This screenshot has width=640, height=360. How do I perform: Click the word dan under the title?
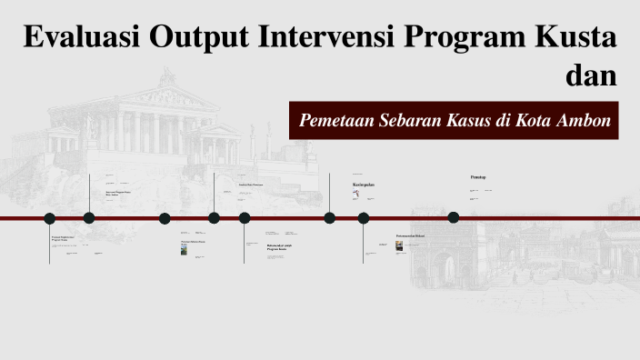click(591, 75)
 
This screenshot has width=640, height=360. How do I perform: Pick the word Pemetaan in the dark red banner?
click(335, 120)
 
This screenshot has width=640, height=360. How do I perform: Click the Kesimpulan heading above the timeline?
click(364, 185)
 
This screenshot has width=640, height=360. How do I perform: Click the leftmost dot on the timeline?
click(50, 218)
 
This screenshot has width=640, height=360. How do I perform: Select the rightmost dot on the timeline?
click(454, 217)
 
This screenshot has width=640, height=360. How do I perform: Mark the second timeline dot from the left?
click(89, 218)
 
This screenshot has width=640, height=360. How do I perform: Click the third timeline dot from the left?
click(165, 218)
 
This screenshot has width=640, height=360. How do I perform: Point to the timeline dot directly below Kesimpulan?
click(364, 218)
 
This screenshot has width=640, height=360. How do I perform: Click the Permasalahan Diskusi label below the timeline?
click(410, 236)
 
